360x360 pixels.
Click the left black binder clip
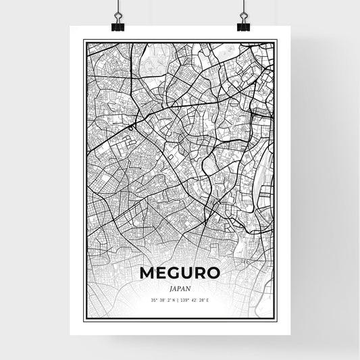pyautogui.click(x=118, y=26)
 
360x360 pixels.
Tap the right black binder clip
pyautogui.click(x=243, y=26)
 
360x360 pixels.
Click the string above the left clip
pyautogui.click(x=118, y=5)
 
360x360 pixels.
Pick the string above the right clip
pyautogui.click(x=243, y=5)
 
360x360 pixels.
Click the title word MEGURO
pyautogui.click(x=180, y=274)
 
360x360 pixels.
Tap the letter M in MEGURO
pyautogui.click(x=146, y=274)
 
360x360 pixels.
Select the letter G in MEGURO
pyautogui.click(x=173, y=274)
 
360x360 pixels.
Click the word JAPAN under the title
pyautogui.click(x=180, y=287)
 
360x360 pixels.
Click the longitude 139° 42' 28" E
pyautogui.click(x=195, y=299)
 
